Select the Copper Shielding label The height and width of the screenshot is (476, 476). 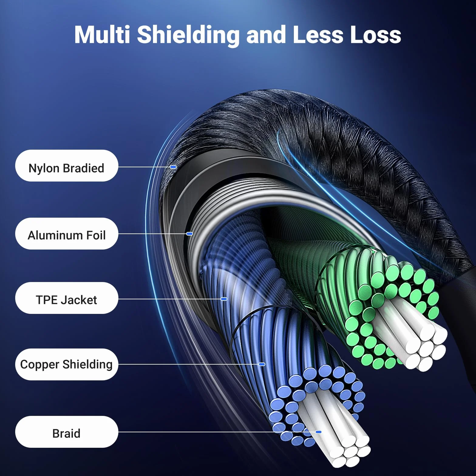[x=66, y=365]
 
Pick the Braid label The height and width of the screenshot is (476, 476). [x=66, y=432]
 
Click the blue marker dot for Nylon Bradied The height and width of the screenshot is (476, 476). [x=173, y=167]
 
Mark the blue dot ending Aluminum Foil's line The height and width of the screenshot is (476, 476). [x=189, y=234]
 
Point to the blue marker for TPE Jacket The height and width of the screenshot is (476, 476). [x=224, y=299]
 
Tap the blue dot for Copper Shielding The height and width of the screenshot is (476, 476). [x=262, y=364]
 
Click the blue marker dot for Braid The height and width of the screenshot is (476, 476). [x=318, y=432]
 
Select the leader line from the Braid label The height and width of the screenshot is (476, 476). [x=217, y=432]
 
